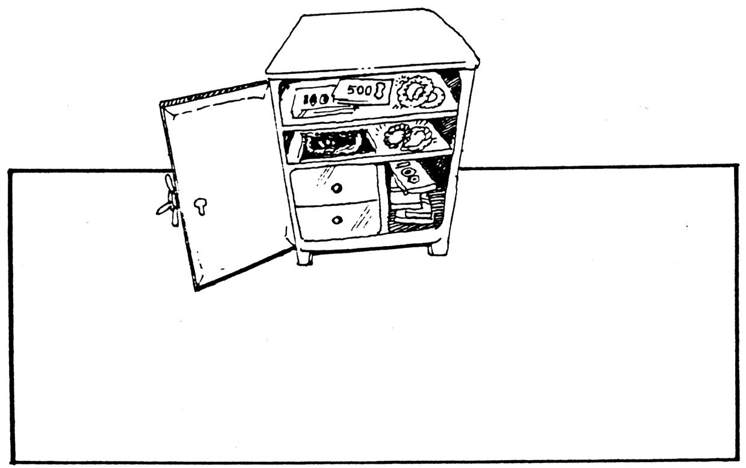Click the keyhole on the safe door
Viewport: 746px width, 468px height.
click(x=200, y=206)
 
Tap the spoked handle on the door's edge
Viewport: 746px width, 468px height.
click(x=168, y=201)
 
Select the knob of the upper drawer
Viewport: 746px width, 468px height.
click(x=336, y=188)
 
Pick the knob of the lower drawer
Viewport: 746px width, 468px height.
click(x=337, y=220)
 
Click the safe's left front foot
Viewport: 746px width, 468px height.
click(x=304, y=257)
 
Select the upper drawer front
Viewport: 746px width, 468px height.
click(x=334, y=185)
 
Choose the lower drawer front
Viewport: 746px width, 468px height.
click(x=337, y=221)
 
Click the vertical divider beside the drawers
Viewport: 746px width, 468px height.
click(x=383, y=202)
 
